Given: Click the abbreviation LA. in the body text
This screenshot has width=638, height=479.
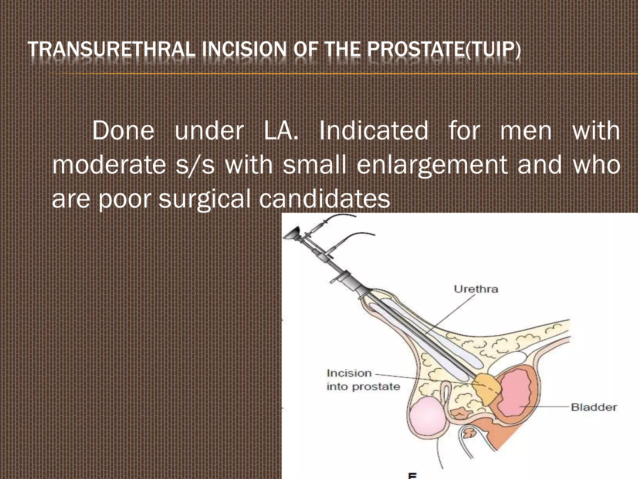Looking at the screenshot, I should click(x=281, y=131).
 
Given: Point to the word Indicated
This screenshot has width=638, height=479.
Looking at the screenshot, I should click(x=374, y=131).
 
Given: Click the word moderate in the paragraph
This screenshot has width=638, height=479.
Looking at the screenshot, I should click(x=109, y=165).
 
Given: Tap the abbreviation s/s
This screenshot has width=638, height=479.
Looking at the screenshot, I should click(x=195, y=165).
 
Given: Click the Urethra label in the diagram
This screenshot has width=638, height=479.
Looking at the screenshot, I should click(x=476, y=289).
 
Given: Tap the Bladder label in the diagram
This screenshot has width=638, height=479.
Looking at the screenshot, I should click(x=594, y=407).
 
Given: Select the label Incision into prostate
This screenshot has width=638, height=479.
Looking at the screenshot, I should click(x=363, y=380).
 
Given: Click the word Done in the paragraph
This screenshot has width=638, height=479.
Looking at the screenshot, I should click(x=123, y=131).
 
